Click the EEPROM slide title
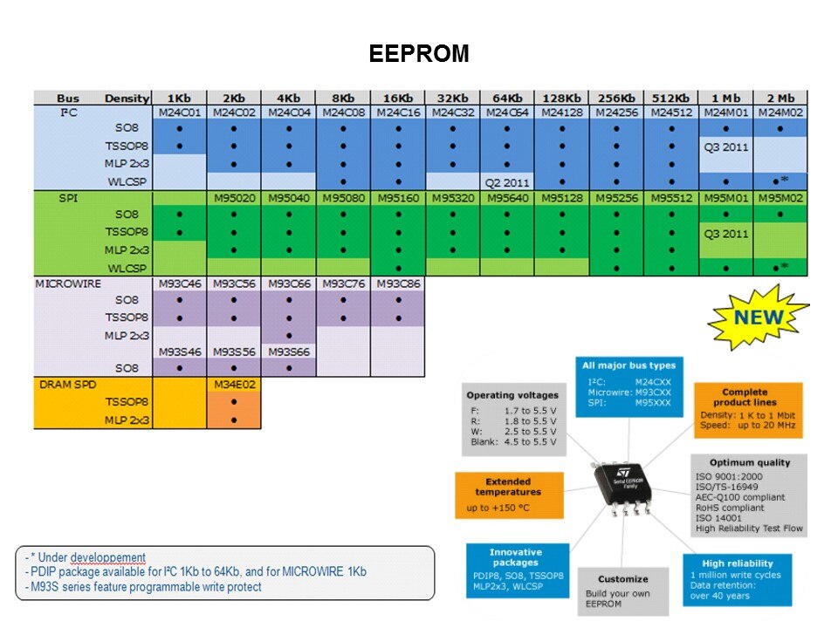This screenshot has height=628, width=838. pyautogui.click(x=418, y=54)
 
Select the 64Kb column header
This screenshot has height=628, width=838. pyautogui.click(x=506, y=98)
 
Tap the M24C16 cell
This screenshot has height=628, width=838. pyautogui.click(x=397, y=113)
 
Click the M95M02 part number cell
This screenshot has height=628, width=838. pyautogui.click(x=780, y=198)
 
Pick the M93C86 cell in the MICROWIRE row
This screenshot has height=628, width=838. pyautogui.click(x=397, y=283)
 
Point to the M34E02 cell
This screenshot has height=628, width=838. pyautogui.click(x=234, y=384)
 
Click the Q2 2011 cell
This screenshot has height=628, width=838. pyautogui.click(x=508, y=181)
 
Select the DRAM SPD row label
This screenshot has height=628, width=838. pyautogui.click(x=67, y=384)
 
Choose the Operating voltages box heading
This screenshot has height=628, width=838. pyautogui.click(x=514, y=395)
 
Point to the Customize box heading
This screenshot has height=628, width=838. pyautogui.click(x=623, y=578)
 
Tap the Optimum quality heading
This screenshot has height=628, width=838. pyautogui.click(x=749, y=462)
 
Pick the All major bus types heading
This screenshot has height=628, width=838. pyautogui.click(x=628, y=365)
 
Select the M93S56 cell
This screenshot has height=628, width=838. pyautogui.click(x=234, y=351)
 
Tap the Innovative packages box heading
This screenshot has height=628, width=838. pyautogui.click(x=516, y=557)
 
